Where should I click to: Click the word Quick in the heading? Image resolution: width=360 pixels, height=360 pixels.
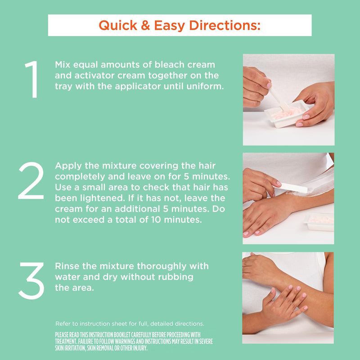coord(118,26)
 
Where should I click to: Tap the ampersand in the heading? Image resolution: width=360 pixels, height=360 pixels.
coord(145,25)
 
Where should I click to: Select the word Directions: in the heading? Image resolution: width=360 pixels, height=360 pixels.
coord(225,25)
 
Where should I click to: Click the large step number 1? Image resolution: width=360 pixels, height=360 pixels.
coord(32,80)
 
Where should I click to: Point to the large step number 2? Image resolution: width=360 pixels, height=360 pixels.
coord(31,180)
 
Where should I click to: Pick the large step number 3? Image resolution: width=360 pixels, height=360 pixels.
coord(31,280)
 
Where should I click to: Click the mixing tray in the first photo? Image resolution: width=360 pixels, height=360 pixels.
coord(285,114)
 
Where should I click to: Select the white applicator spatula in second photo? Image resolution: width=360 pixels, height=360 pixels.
coord(290,187)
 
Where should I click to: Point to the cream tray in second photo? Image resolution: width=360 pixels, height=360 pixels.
coord(319,222)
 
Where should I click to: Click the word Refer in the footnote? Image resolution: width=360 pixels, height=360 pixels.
coord(63,324)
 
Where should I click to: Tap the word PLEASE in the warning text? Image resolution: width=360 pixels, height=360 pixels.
coord(62,335)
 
